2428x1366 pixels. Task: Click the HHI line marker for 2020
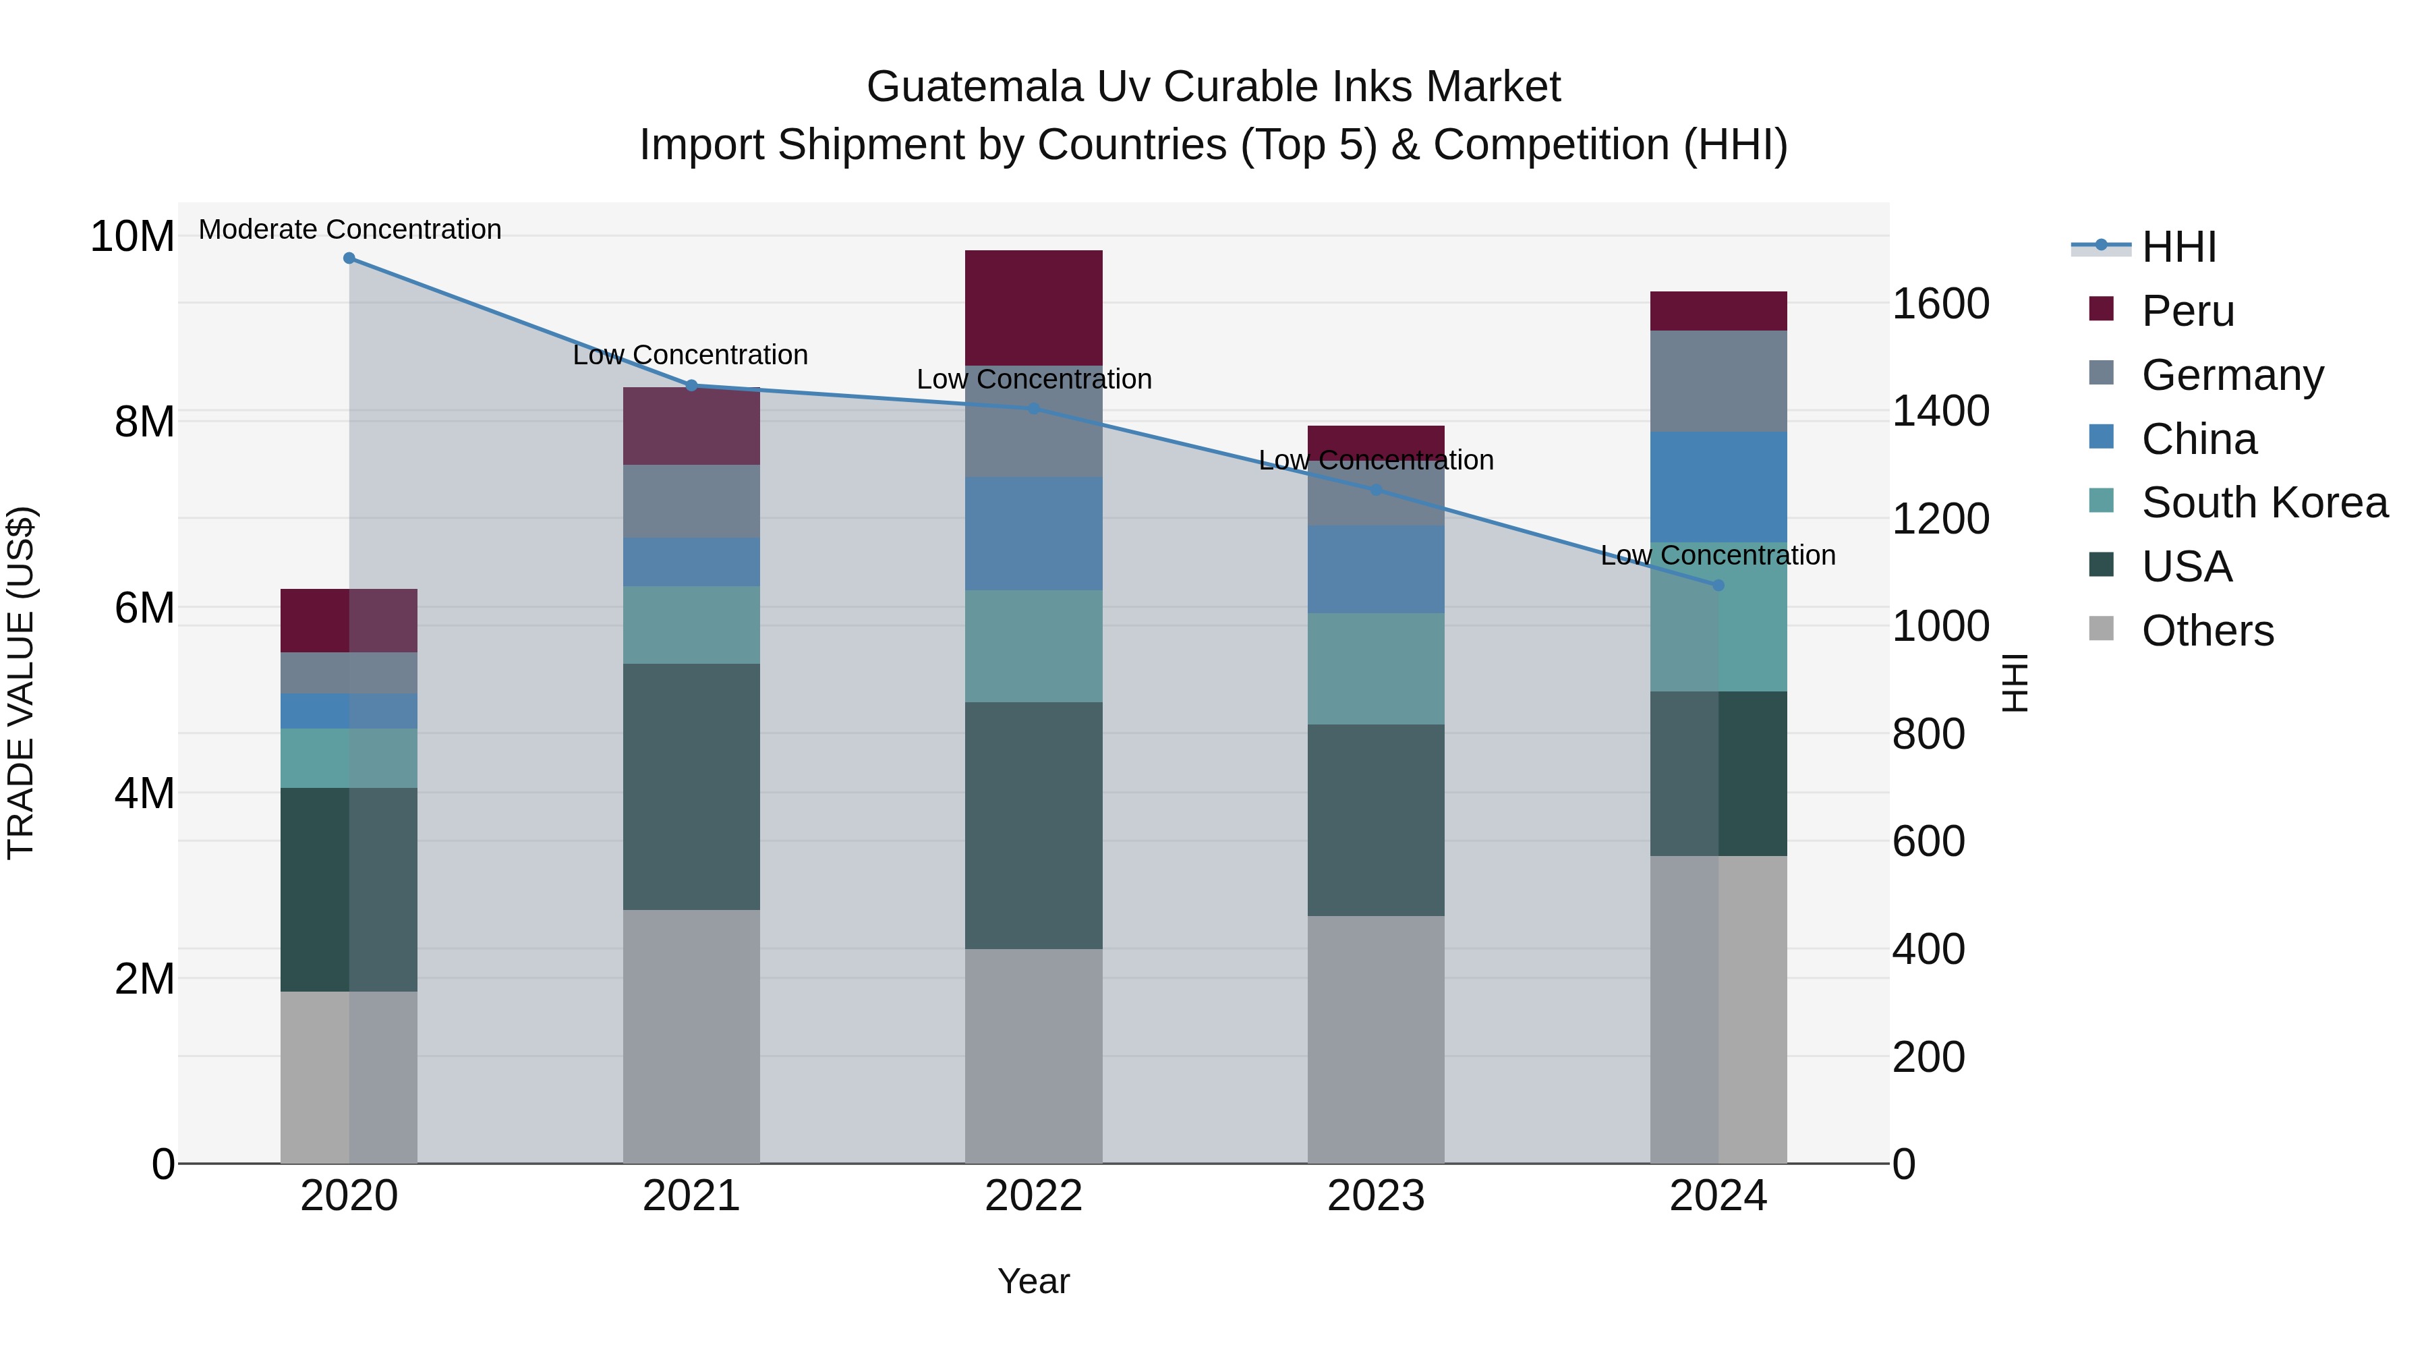point(349,258)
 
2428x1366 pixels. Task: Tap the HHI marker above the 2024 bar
point(1717,586)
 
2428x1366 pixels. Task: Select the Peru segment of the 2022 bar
point(1033,308)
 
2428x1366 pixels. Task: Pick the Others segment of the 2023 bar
point(1375,1039)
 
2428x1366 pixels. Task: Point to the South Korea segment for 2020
point(349,758)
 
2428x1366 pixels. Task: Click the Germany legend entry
point(2232,375)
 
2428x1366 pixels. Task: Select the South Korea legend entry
point(2264,503)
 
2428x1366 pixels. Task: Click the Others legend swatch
point(2101,629)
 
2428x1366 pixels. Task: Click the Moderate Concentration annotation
point(349,229)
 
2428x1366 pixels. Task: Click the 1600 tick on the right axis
point(1940,304)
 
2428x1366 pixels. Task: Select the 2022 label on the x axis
point(1033,1196)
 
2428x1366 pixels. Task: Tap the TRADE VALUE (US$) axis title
point(21,683)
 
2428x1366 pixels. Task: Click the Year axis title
point(1033,1281)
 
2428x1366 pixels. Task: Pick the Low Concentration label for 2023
point(1375,460)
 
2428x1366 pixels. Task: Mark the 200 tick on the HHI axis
point(1928,1057)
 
